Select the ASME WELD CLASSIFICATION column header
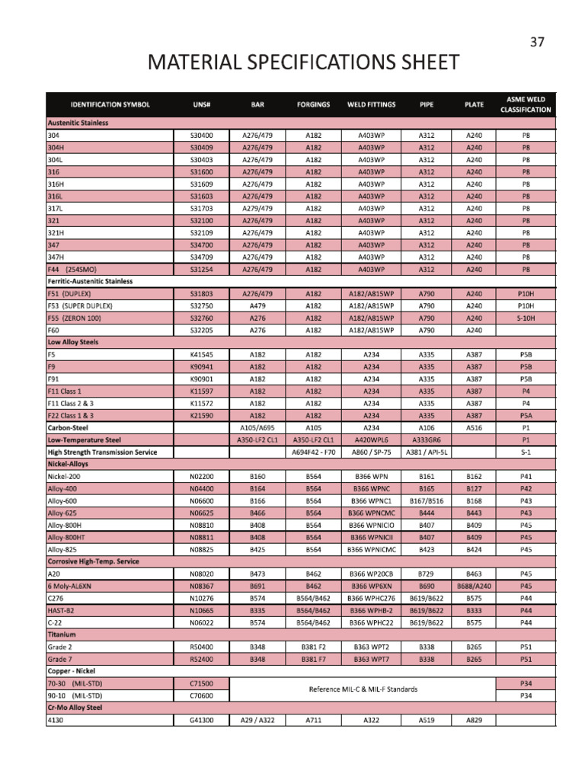click(526, 104)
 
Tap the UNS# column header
click(201, 104)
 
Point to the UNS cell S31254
click(201, 270)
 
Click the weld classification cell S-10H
click(526, 318)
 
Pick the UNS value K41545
click(201, 354)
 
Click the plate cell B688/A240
click(474, 586)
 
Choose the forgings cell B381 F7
click(313, 659)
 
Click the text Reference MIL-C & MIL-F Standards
click(363, 689)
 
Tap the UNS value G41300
click(201, 720)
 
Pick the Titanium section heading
click(62, 635)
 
